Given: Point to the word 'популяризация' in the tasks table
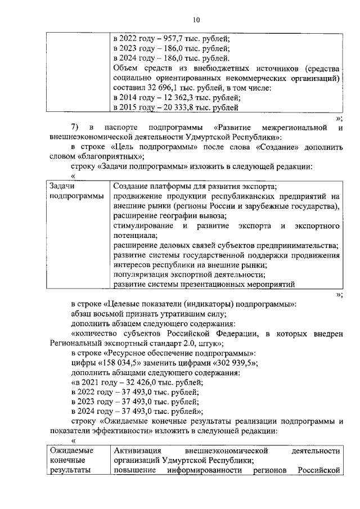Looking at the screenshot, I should click(x=141, y=274).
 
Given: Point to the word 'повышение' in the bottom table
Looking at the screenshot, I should click(x=133, y=470).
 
